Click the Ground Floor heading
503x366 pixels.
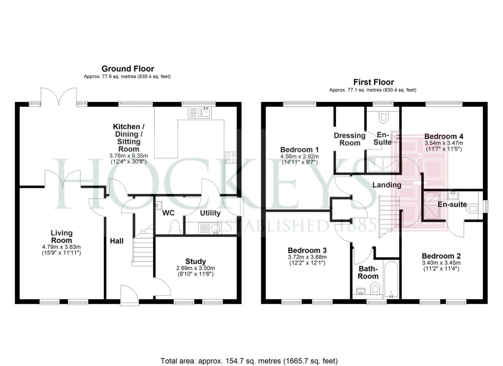pos(128,69)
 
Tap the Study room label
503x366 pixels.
pos(195,261)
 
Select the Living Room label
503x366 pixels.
pos(61,237)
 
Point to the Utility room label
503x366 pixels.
pos(210,213)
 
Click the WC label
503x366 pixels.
pos(169,213)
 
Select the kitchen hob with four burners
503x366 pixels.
pos(230,157)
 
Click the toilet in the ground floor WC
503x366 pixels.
pos(174,226)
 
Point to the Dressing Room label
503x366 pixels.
pos(350,139)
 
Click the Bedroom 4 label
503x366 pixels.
pos(444,136)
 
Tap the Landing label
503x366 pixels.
pos(386,185)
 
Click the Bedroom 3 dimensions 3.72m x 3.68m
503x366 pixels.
pos(307,257)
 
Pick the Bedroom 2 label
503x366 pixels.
pos(441,256)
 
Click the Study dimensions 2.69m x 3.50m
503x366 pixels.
pos(195,268)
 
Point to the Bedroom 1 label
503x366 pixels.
pos(300,150)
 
